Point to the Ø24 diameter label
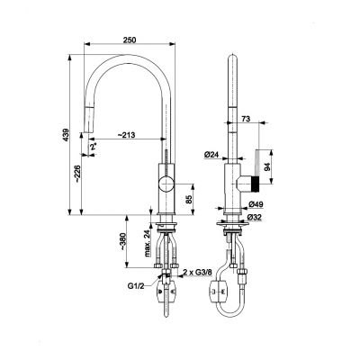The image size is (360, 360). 212,156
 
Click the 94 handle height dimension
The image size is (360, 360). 278,165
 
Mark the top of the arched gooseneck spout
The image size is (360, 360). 128,61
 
